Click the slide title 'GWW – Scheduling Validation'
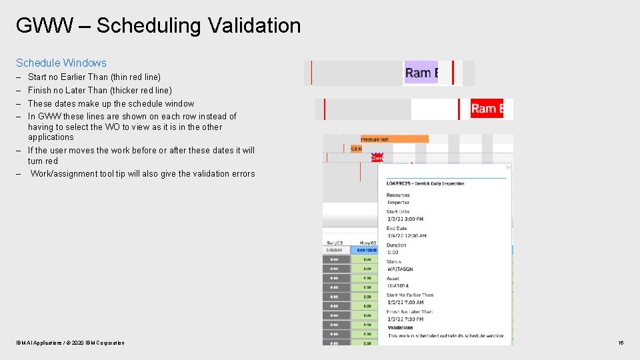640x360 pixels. point(158,26)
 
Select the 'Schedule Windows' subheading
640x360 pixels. point(61,63)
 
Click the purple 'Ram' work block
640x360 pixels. point(421,73)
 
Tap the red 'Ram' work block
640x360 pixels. point(487,109)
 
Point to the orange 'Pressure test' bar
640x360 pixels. point(394,139)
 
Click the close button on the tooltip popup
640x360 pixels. point(508,167)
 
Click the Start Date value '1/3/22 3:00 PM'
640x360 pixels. point(405,219)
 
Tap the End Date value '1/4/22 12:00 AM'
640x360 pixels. point(407,235)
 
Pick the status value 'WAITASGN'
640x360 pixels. point(399,269)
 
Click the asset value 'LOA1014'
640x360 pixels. point(398,286)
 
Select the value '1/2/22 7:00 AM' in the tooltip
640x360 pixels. point(405,303)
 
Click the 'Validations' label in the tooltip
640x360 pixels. point(400,327)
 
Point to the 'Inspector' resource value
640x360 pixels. point(399,202)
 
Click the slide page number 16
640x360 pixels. point(621,343)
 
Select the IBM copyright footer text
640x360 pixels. point(70,343)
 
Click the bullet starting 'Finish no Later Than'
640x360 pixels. point(99,90)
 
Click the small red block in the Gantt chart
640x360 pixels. point(377,158)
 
